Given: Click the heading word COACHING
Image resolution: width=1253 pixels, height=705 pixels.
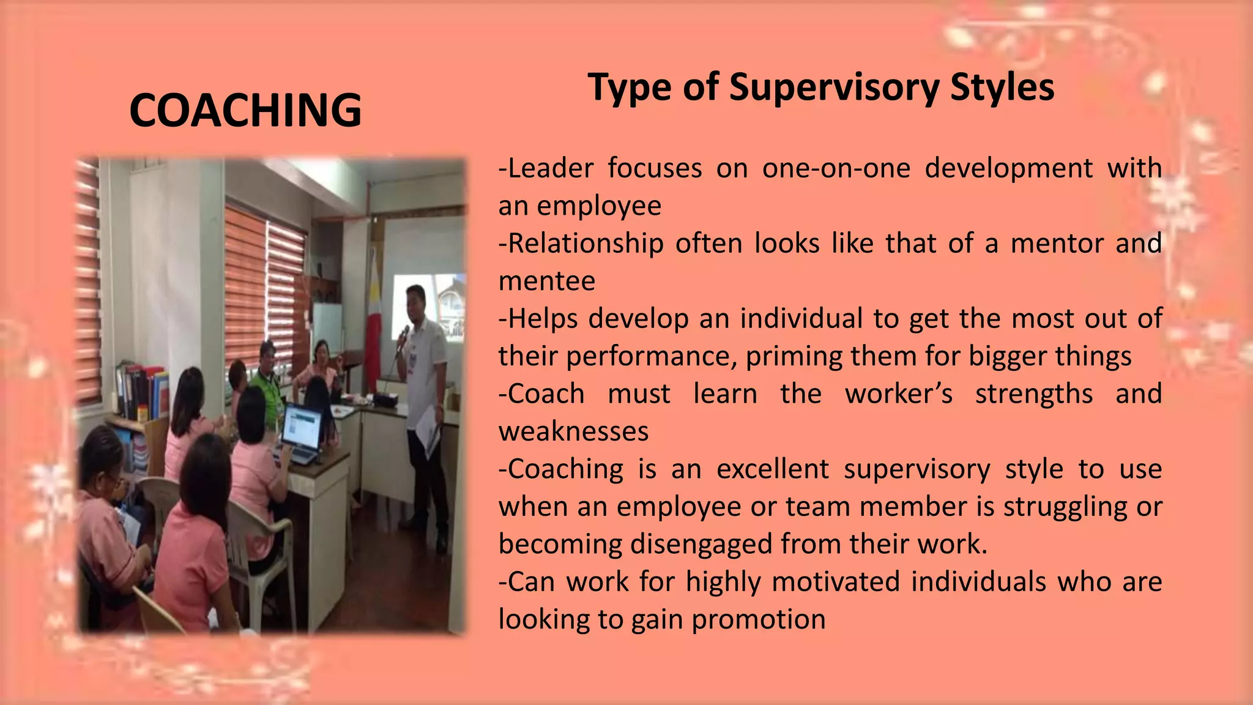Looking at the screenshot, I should [x=245, y=110].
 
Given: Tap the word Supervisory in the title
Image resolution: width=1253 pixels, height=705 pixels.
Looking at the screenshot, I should [x=835, y=87].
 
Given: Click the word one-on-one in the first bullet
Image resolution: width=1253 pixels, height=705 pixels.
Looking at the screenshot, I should [x=836, y=168].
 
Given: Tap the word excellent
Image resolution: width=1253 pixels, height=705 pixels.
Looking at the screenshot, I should [x=773, y=469].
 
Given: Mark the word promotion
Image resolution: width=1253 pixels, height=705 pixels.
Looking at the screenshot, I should [x=759, y=619].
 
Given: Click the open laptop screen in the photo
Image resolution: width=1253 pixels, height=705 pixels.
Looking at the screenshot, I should [x=302, y=426].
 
